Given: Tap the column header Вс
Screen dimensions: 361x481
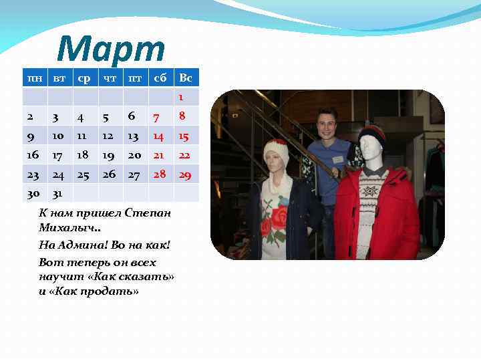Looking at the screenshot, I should [x=186, y=78].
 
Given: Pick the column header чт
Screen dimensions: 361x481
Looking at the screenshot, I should [x=109, y=78].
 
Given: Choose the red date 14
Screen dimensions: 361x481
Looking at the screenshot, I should [x=158, y=136].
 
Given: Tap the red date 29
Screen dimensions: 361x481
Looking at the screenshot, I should [x=186, y=174].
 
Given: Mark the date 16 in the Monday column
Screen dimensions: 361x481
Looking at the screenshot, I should [x=33, y=155].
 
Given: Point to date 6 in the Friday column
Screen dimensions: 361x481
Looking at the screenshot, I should [x=132, y=116].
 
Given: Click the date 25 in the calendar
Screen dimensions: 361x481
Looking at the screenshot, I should [x=83, y=174].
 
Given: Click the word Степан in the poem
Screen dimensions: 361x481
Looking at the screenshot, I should [x=147, y=213].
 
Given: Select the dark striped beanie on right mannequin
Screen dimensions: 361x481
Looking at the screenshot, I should [x=371, y=138].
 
